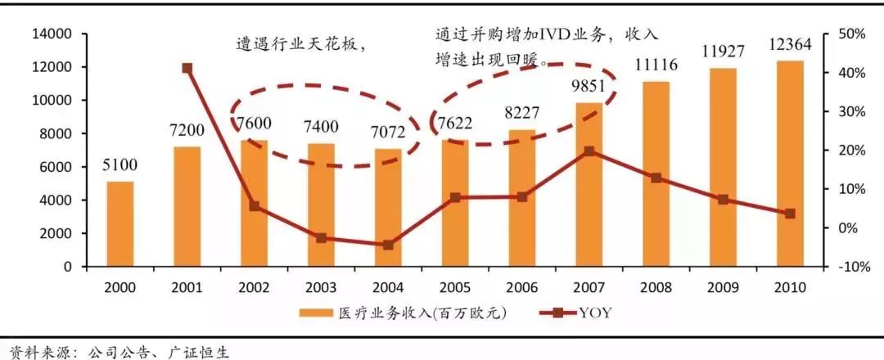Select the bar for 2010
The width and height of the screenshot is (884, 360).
tap(790, 164)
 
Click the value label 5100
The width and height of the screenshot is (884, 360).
tap(120, 166)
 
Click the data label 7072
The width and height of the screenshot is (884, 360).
tap(388, 133)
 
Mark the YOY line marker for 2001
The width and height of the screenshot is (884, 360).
tap(187, 69)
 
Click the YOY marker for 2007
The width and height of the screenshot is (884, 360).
tap(589, 151)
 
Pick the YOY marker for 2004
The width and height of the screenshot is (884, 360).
tap(388, 245)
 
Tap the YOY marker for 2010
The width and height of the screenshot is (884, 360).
tap(790, 214)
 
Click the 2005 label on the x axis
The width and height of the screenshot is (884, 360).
tap(455, 287)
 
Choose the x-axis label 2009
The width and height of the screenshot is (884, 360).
tap(723, 287)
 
